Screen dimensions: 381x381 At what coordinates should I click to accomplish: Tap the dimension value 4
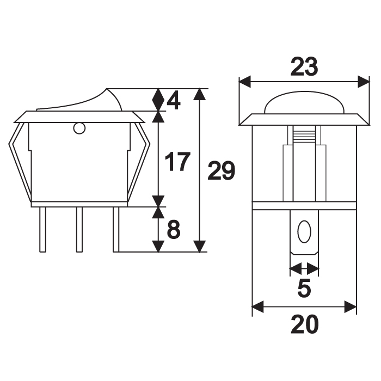[x=173, y=100]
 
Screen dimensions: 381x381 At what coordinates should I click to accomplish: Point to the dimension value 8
[x=173, y=230]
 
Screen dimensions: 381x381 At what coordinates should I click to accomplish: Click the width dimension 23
[x=303, y=67]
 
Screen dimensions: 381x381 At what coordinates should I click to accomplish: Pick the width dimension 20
[x=304, y=325]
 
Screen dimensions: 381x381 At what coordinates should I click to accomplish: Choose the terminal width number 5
[x=304, y=288]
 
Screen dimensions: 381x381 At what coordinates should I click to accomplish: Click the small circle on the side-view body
[x=79, y=129]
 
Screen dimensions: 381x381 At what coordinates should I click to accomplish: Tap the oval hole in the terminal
[x=304, y=232]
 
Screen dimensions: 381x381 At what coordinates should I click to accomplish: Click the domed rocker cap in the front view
[x=304, y=103]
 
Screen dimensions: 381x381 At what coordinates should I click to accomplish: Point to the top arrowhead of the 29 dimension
[x=200, y=94]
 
